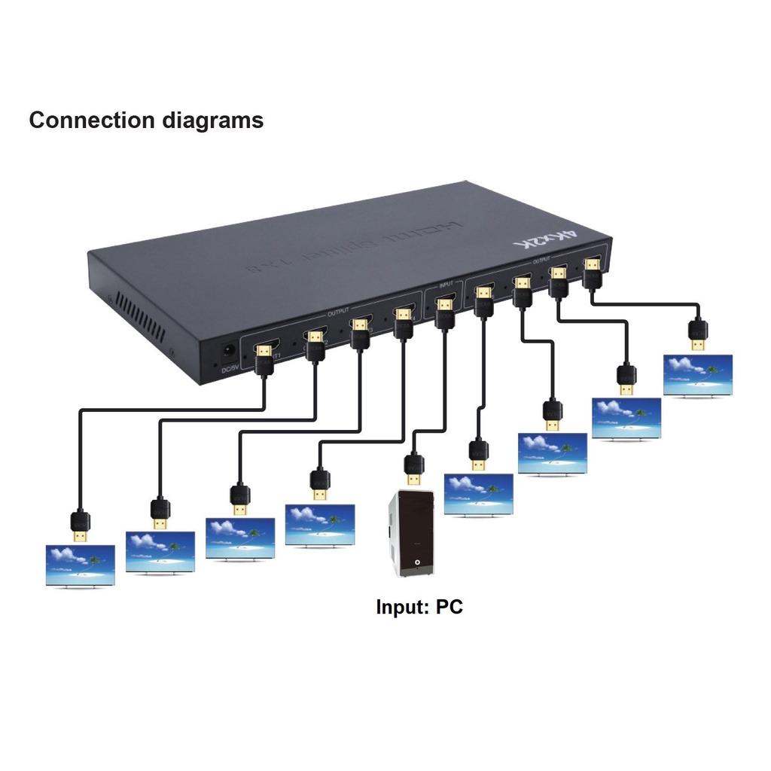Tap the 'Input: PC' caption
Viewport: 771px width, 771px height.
click(419, 606)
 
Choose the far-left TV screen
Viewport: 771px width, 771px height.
click(80, 565)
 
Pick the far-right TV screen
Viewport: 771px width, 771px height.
click(697, 374)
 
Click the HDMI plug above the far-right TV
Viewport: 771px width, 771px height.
click(699, 334)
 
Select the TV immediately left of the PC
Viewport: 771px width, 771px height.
click(320, 525)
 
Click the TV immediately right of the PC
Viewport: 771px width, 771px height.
click(479, 494)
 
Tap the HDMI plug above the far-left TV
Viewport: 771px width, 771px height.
click(80, 525)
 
